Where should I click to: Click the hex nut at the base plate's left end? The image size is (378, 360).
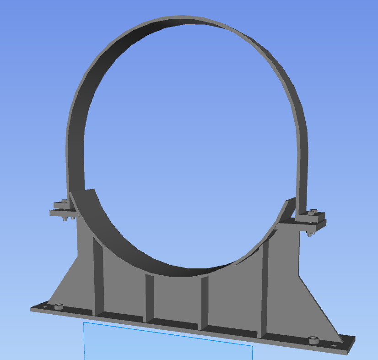pyautogui.click(x=58, y=306)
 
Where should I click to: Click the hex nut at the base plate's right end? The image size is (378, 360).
pyautogui.click(x=313, y=340)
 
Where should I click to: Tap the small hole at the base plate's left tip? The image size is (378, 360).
pyautogui.click(x=45, y=305)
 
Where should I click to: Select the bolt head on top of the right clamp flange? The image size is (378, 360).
pyautogui.click(x=313, y=212)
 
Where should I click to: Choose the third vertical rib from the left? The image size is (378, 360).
pyautogui.click(x=204, y=300)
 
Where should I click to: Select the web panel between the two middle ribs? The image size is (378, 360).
pyautogui.click(x=176, y=298)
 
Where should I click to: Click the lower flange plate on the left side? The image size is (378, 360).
pyautogui.click(x=62, y=213)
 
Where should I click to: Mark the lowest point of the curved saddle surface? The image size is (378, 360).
pyautogui.click(x=183, y=271)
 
